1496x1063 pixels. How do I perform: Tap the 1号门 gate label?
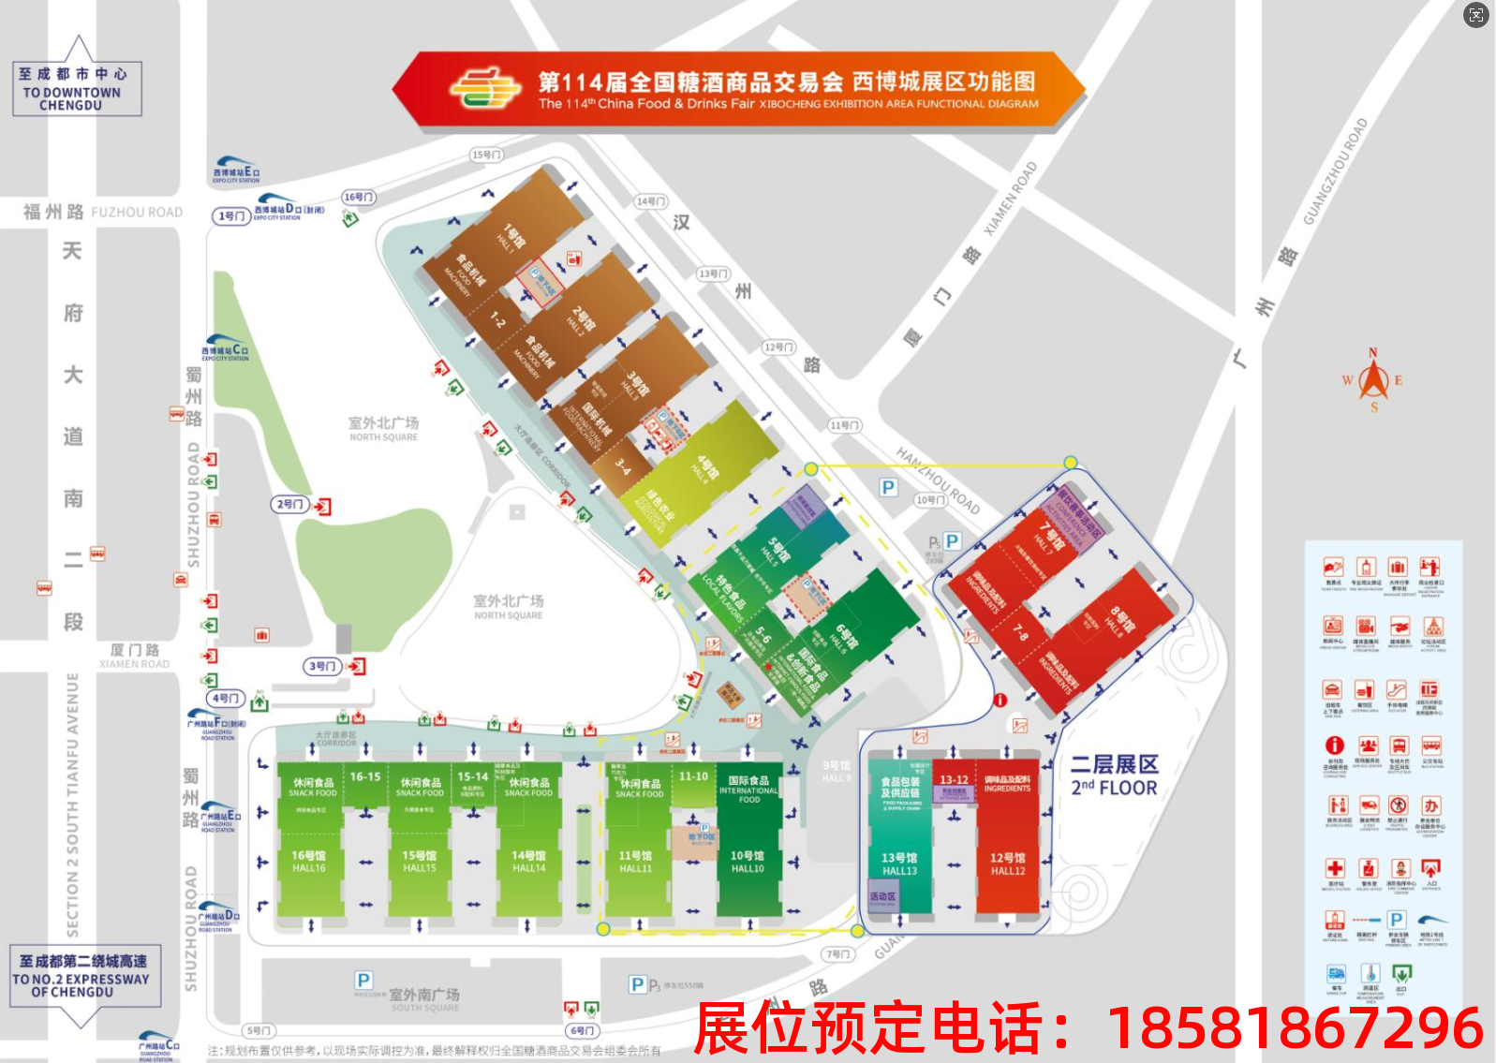[232, 216]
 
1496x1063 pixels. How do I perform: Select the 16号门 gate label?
[359, 198]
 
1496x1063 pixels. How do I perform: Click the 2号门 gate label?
[290, 504]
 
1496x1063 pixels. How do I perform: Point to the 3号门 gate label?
[322, 666]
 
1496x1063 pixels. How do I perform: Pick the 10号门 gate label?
[930, 500]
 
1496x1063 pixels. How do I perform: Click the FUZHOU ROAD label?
[137, 213]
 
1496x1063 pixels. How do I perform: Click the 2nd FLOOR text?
[1114, 788]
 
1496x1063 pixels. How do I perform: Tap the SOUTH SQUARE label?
[425, 1008]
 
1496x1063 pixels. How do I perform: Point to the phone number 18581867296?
[1295, 1027]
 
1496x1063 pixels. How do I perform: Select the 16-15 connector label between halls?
[365, 776]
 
